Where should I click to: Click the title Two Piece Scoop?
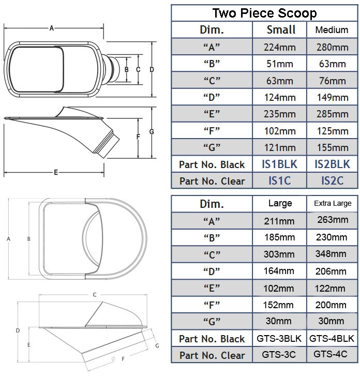(264, 13)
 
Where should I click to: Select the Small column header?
(281, 29)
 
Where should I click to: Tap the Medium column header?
(332, 30)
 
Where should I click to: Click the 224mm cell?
(279, 47)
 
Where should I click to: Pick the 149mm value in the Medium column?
(333, 97)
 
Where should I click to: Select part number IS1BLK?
(279, 164)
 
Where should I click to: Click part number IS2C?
(332, 180)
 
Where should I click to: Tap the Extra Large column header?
(333, 203)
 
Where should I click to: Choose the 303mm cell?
(279, 254)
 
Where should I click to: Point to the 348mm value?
(331, 253)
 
